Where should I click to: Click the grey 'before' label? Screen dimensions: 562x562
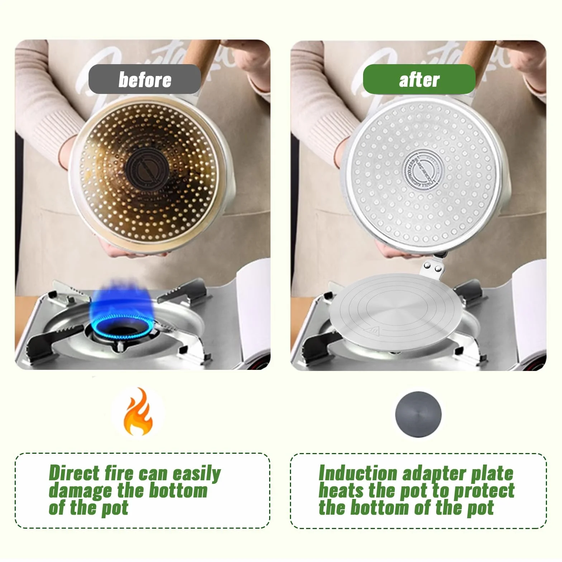145,79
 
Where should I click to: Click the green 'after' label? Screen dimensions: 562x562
419,79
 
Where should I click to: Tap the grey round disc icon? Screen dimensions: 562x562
418,414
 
